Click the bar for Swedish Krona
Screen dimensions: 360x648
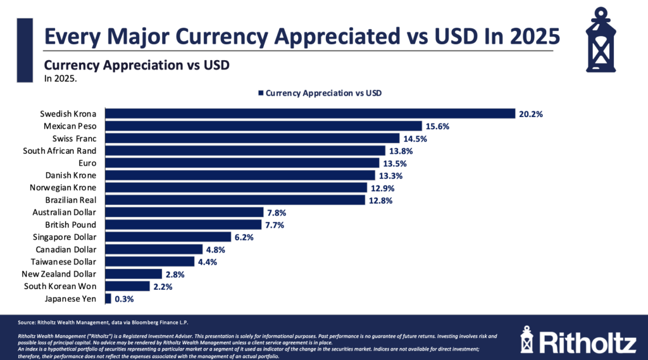coord(310,114)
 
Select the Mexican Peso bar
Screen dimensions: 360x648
coord(263,126)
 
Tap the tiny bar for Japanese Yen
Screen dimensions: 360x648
coord(108,299)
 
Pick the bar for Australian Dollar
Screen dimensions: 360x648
coord(184,213)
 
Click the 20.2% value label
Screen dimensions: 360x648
coord(531,114)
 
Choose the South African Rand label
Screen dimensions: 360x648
coord(59,151)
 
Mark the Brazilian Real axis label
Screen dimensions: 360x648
coord(71,200)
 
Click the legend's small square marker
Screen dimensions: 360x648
coord(260,93)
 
